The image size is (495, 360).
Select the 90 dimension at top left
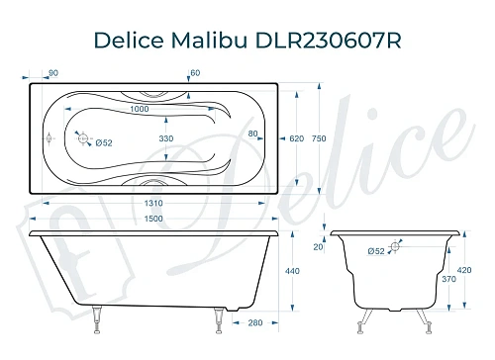pos(52,72)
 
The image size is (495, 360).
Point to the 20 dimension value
pos(319,247)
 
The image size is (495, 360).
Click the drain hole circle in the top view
pos(83,139)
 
